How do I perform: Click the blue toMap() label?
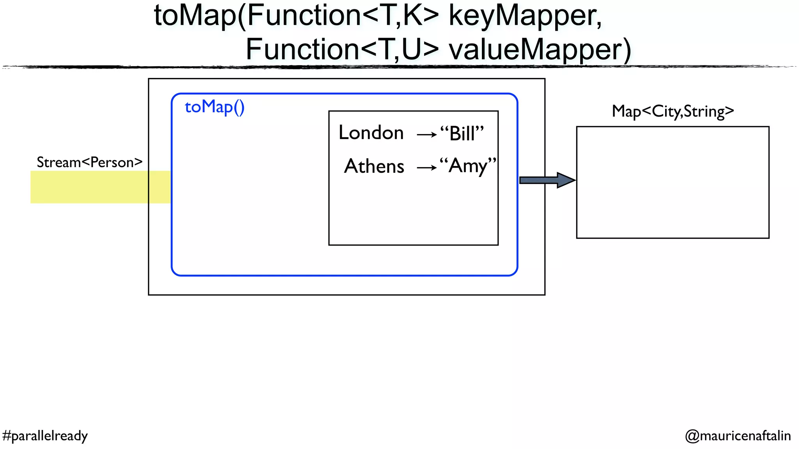214,107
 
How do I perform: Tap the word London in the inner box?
371,133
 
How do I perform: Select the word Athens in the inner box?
374,166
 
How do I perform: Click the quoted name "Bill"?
462,134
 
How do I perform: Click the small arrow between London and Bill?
426,135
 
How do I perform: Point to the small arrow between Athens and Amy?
426,168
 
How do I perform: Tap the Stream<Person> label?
89,162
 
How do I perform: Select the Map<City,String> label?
673,111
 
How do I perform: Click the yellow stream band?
90,187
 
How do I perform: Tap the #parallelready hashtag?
45,435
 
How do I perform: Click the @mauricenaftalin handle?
738,435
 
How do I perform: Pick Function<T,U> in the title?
342,49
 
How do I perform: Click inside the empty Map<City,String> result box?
673,182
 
